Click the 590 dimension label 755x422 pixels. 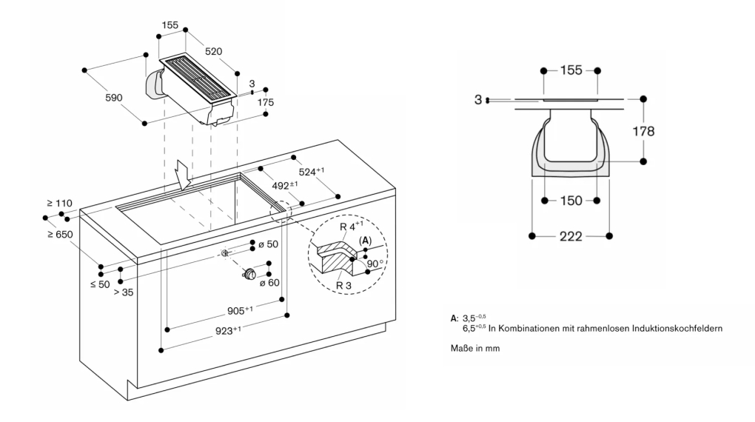pos(114,98)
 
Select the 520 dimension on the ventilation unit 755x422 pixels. pos(213,51)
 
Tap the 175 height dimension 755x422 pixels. pos(265,102)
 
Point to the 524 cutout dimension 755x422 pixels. pos(312,172)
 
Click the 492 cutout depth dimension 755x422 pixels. pos(284,185)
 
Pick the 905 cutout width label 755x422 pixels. pos(240,310)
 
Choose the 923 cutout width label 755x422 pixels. pos(228,330)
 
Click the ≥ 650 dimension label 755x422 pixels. pos(60,235)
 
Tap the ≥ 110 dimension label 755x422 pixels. pos(60,204)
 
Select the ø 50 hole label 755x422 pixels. pos(269,244)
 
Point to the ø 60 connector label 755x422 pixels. pos(269,283)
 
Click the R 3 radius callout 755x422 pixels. pos(343,285)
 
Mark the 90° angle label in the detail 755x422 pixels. pos(375,264)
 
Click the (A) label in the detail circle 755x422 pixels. pos(366,241)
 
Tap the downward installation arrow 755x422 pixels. pos(184,175)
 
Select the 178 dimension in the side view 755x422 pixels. pos(643,131)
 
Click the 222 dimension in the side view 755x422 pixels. pos(571,236)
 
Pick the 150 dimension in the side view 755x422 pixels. pos(571,201)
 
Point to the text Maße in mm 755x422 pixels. pos(475,348)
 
